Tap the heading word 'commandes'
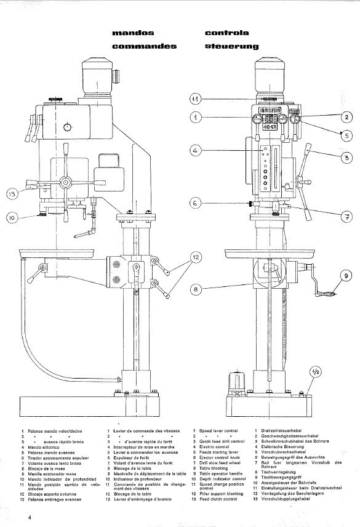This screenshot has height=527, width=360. click(x=145, y=46)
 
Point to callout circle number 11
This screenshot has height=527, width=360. click(x=196, y=99)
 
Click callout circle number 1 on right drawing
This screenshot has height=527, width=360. click(x=196, y=117)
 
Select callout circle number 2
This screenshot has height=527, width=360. click(x=346, y=116)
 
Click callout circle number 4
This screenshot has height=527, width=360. click(x=196, y=150)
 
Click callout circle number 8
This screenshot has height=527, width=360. click(x=196, y=288)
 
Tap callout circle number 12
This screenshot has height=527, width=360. click(x=196, y=257)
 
